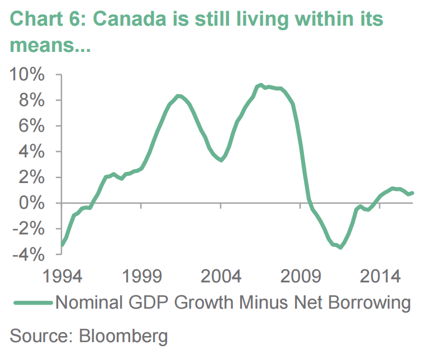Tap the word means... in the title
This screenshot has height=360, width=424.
coord(50,45)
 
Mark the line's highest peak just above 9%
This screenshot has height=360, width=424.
coord(260,85)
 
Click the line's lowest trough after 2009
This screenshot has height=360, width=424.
coord(340,247)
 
